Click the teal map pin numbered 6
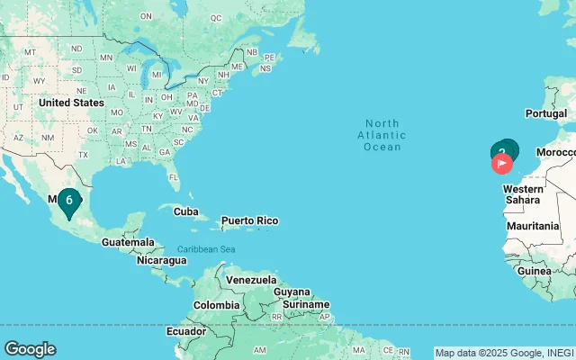point(69,200)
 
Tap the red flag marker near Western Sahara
point(501,164)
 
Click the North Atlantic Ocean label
point(382,135)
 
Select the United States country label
point(71,103)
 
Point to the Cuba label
point(185,211)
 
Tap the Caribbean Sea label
point(206,248)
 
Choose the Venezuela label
point(249,280)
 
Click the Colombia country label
point(217,304)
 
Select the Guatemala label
point(127,243)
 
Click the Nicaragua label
point(162,260)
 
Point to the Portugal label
point(545,113)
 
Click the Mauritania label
point(532,226)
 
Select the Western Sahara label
point(522,194)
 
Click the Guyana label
point(291,292)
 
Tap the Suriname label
point(307,304)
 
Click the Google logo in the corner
point(30,349)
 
